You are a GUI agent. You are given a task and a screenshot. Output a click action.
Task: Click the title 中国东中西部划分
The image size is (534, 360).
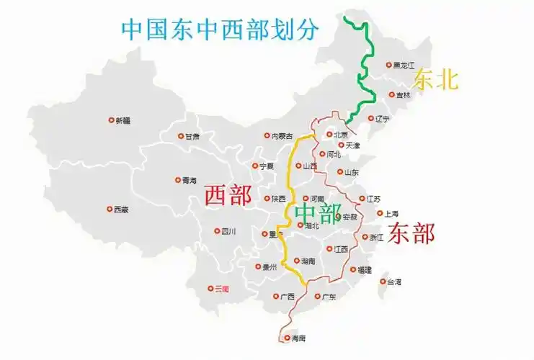[x=220, y=30]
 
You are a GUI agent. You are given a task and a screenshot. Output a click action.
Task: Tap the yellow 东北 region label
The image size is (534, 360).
[x=435, y=79]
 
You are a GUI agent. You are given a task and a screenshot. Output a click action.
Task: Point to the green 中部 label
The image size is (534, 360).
[x=317, y=214]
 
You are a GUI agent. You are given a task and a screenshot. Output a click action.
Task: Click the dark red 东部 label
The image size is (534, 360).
[x=411, y=233]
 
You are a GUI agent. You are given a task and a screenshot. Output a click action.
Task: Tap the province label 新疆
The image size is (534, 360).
[x=123, y=121]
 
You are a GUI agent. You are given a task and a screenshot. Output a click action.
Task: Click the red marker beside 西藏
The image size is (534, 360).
[x=110, y=210]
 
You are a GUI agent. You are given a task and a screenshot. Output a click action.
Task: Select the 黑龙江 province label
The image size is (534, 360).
[x=404, y=66]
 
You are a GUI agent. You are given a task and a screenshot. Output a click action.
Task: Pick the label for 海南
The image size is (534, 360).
[x=298, y=338]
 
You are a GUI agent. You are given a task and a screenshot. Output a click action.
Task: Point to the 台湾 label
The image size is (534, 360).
[x=394, y=282]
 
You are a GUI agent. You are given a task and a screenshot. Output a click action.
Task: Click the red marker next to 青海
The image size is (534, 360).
[x=178, y=180]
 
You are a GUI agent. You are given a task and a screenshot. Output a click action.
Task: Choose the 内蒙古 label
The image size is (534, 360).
[x=282, y=136]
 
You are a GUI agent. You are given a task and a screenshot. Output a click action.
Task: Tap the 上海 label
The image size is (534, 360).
[x=392, y=214]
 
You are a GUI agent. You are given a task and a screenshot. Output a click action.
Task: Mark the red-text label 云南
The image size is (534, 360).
[x=222, y=289]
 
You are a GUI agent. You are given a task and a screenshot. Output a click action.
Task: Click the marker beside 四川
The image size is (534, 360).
[x=217, y=231]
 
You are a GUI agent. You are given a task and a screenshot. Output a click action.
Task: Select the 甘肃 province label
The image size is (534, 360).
[x=192, y=136]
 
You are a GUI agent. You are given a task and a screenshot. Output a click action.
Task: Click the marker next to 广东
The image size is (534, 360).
[x=316, y=295]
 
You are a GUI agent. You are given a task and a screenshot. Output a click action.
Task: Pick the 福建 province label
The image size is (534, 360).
[x=365, y=270]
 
